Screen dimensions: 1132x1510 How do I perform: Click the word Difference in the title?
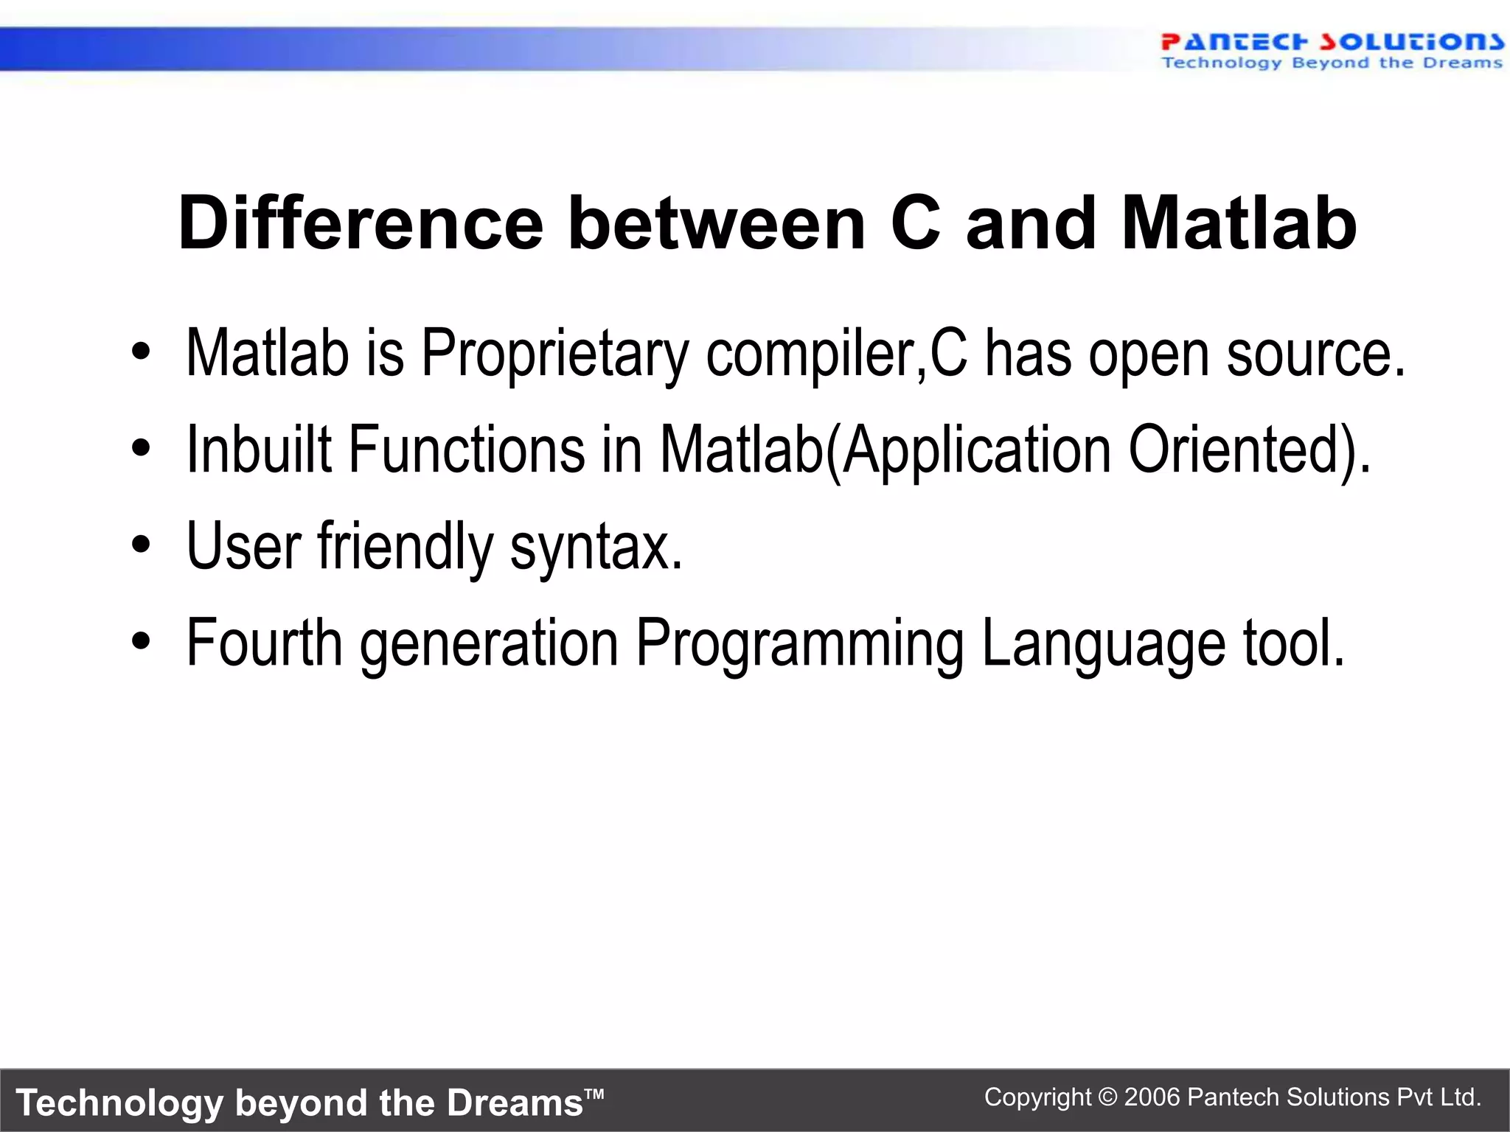click(360, 223)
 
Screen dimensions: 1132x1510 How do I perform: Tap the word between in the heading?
click(716, 223)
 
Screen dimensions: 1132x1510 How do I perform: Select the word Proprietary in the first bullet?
click(554, 354)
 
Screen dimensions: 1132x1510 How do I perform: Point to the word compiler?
click(814, 355)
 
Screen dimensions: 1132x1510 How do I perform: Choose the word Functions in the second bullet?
click(466, 450)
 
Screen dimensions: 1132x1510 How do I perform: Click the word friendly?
click(405, 547)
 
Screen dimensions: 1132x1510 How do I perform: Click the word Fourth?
click(264, 643)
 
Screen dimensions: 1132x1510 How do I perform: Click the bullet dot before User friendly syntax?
click(141, 545)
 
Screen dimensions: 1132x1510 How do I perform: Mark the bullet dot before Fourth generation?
click(141, 641)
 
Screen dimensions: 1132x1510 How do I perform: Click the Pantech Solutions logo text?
click(1331, 42)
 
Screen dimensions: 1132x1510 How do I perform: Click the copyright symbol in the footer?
click(1107, 1097)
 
